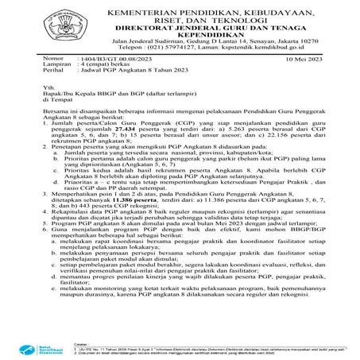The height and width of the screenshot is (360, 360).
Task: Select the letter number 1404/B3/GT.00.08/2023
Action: point(112,60)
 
